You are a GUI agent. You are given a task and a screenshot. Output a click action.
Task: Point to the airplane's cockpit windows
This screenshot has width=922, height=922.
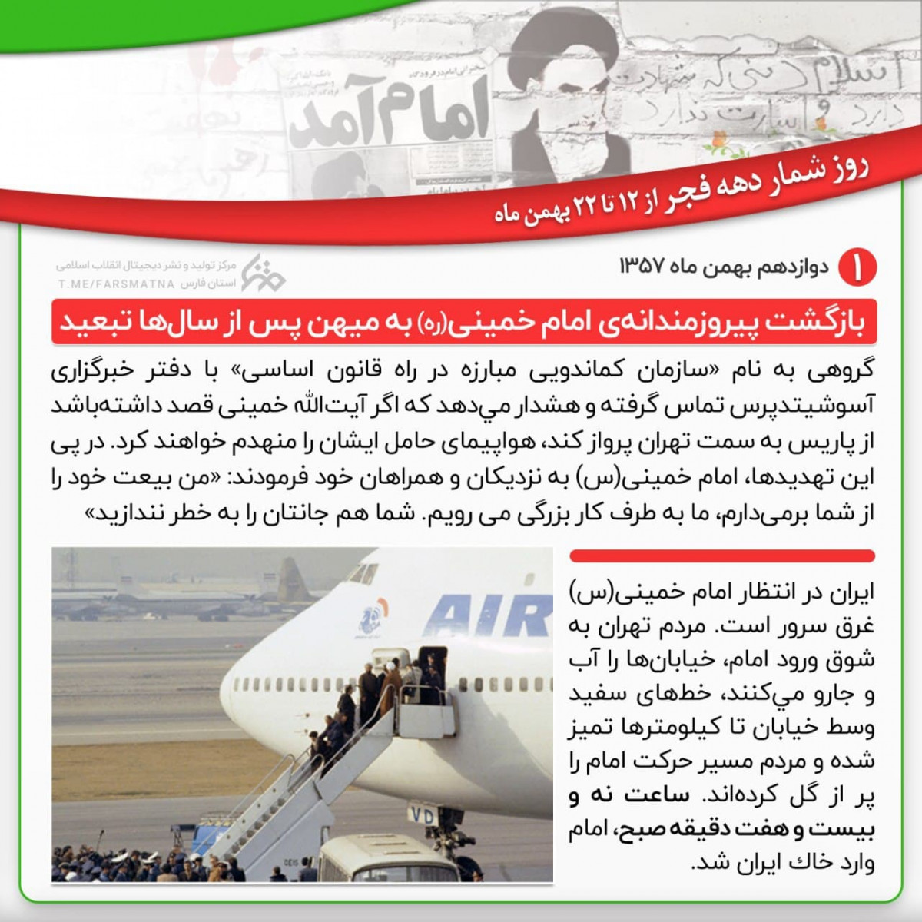(x=367, y=572)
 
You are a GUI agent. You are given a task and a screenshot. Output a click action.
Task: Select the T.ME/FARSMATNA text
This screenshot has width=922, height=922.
(x=115, y=284)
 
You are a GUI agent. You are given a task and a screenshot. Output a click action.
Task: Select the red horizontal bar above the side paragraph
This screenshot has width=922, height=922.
(x=721, y=556)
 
